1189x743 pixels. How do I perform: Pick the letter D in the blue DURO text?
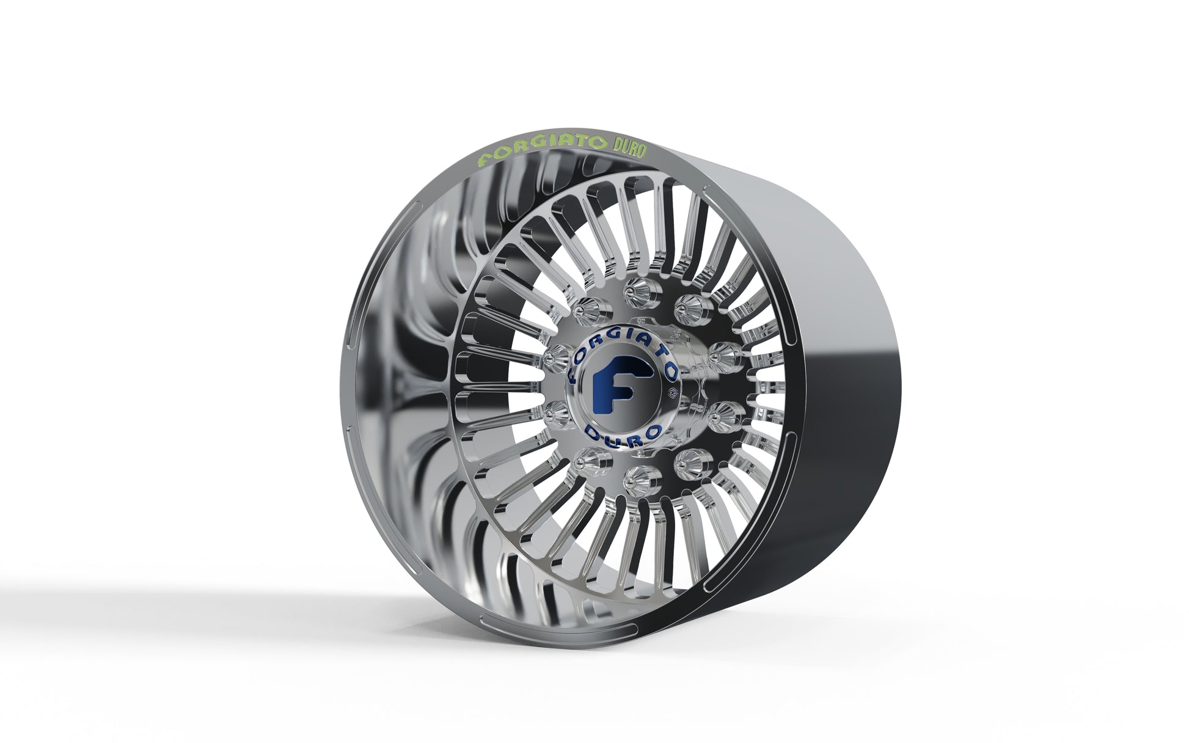(x=590, y=433)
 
